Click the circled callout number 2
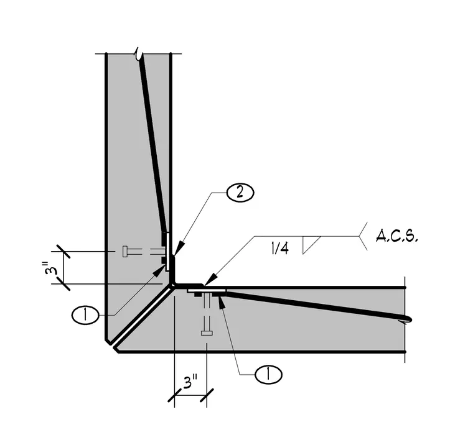click(x=240, y=193)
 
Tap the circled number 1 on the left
click(x=85, y=315)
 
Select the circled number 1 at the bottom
click(x=268, y=375)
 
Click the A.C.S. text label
click(x=397, y=236)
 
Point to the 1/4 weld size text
click(x=280, y=249)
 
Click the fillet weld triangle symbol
click(x=311, y=245)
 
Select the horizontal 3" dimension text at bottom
click(x=190, y=381)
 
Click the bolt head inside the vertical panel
click(x=125, y=252)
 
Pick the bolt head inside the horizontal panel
click(x=207, y=332)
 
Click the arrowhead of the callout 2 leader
click(x=177, y=249)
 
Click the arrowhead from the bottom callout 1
click(x=222, y=302)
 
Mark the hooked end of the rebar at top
click(x=138, y=54)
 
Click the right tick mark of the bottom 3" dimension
click(x=207, y=395)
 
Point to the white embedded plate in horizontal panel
click(x=207, y=291)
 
